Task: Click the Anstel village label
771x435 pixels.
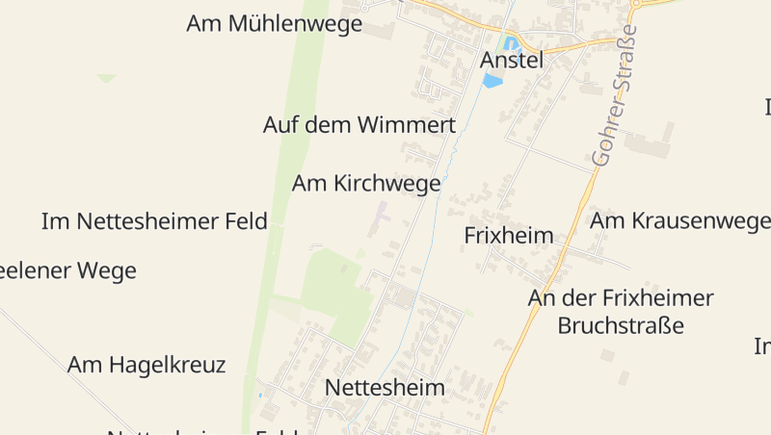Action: (512, 60)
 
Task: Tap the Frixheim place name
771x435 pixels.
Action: (509, 236)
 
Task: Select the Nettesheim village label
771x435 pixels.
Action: (385, 388)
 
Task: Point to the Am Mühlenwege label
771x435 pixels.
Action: (275, 24)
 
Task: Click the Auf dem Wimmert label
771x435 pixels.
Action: (359, 125)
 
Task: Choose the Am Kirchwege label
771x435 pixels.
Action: (366, 183)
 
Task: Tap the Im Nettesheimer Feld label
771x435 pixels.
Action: (154, 221)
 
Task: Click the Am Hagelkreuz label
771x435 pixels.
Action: (146, 365)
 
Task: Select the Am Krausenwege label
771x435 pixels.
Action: (680, 220)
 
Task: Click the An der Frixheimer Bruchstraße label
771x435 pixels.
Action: (621, 311)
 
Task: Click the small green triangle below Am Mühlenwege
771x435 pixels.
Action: (106, 78)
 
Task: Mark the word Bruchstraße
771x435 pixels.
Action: (621, 324)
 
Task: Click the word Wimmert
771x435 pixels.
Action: (406, 125)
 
